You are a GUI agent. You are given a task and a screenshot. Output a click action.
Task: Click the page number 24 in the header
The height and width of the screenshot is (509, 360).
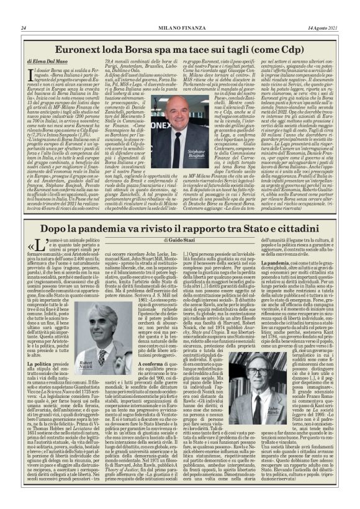click(23, 28)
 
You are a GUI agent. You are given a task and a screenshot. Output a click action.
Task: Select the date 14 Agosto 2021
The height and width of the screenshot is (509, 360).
click(323, 28)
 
